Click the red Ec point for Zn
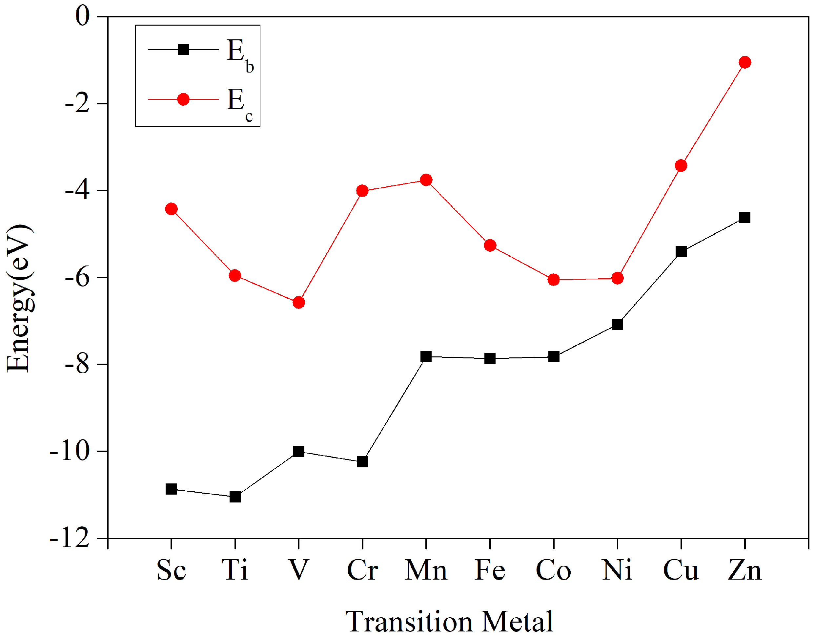[x=745, y=62]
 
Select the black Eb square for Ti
[x=235, y=497]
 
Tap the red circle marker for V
[x=298, y=302]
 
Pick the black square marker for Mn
[x=426, y=356]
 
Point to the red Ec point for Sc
[x=171, y=209]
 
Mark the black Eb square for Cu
[x=681, y=251]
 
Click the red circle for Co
[x=554, y=280]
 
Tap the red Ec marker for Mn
[x=426, y=180]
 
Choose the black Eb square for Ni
[x=617, y=324]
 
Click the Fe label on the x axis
[x=490, y=570]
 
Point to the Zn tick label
[x=744, y=570]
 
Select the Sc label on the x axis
[x=171, y=570]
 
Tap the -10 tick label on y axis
[x=70, y=452]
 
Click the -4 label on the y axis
[x=77, y=191]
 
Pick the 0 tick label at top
[x=83, y=16]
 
